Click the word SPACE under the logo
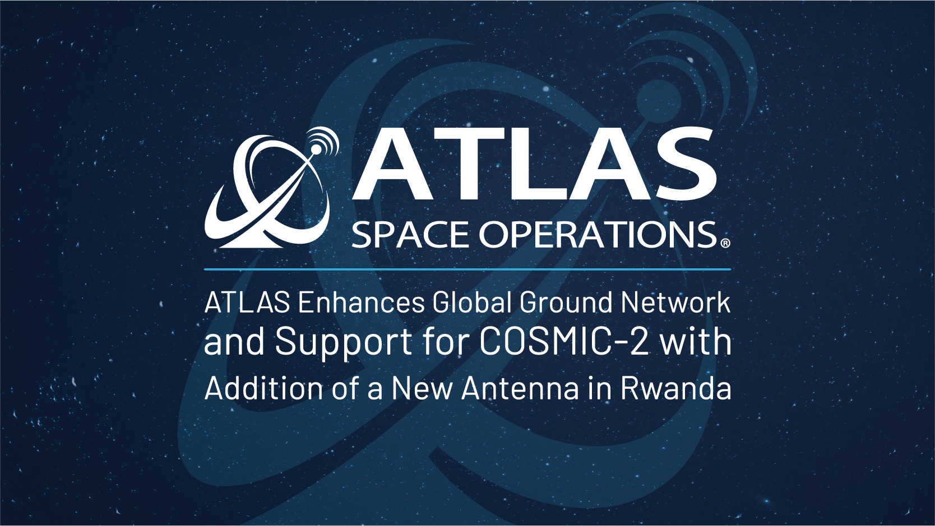(x=410, y=235)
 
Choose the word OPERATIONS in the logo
(x=598, y=235)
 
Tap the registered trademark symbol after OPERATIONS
(x=725, y=243)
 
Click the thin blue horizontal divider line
(x=467, y=269)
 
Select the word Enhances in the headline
(x=362, y=303)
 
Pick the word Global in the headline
(x=472, y=303)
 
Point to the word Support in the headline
(x=344, y=342)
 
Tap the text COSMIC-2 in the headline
(x=564, y=341)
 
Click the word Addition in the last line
(x=264, y=388)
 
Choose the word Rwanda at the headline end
(x=675, y=388)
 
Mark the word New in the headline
(x=422, y=388)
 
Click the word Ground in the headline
(x=566, y=303)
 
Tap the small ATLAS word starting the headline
(x=247, y=303)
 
